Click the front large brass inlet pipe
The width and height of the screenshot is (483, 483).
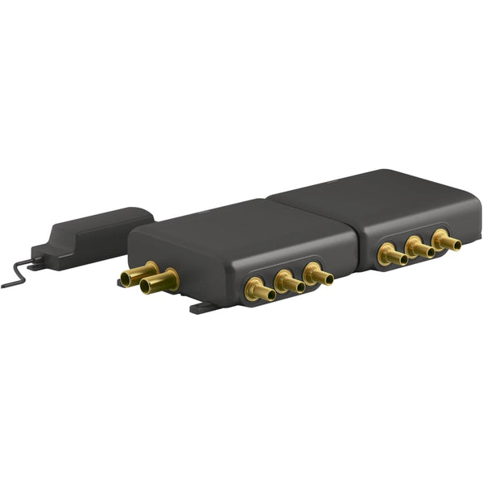click(x=159, y=282)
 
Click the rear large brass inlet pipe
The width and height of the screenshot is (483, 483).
click(x=138, y=275)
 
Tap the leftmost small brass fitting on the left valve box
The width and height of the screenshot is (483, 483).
click(x=260, y=290)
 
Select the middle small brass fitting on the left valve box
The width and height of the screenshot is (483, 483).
click(x=288, y=283)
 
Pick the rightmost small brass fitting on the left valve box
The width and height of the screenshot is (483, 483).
click(x=317, y=275)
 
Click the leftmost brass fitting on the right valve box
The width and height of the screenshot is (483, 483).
click(x=392, y=255)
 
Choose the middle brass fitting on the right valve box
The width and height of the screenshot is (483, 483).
click(x=419, y=248)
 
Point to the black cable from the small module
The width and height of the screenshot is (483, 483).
click(x=16, y=276)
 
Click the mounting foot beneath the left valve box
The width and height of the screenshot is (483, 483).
click(x=203, y=307)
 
